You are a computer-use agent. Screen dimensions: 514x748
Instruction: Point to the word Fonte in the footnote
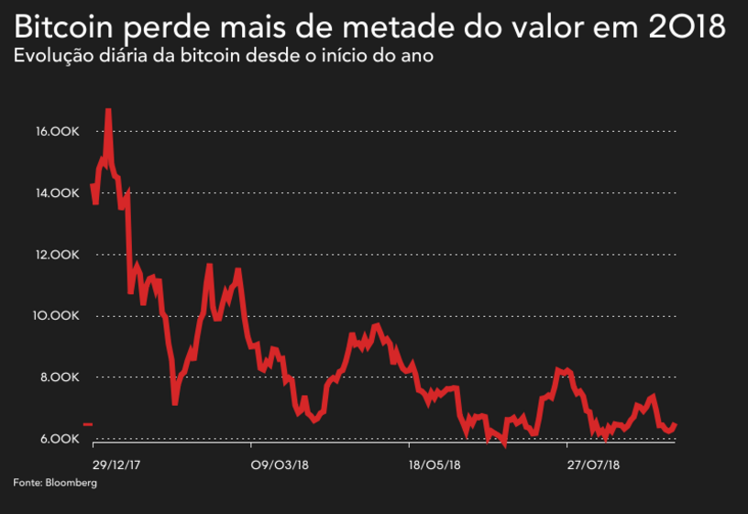click(27, 482)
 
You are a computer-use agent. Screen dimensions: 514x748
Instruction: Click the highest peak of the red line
click(108, 111)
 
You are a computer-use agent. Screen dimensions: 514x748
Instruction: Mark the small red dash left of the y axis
click(87, 424)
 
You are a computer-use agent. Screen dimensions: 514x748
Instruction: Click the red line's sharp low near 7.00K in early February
click(174, 402)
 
